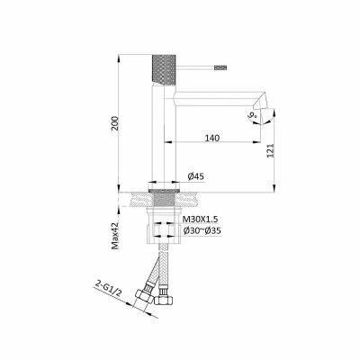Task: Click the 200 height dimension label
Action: coord(115,123)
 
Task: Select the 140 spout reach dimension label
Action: coord(212,138)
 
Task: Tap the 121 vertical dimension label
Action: coord(271,150)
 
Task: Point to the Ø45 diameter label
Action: coord(196,176)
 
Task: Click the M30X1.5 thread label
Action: coord(201,220)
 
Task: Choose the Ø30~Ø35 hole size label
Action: coord(202,230)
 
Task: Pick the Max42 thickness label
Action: coord(115,236)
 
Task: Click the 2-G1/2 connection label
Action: coord(108,288)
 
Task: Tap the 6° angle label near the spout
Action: coord(252,115)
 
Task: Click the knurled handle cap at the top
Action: coord(164,69)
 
